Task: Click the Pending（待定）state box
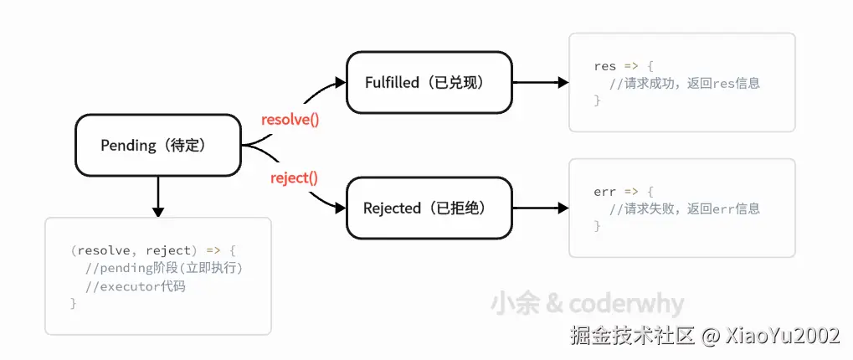(x=157, y=146)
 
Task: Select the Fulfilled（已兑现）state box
(x=429, y=83)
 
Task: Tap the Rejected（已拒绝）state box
(x=429, y=208)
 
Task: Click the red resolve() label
(x=290, y=119)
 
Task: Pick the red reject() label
(x=294, y=177)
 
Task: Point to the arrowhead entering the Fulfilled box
(x=339, y=82)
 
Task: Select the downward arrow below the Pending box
(x=157, y=198)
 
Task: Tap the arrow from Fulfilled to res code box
(x=540, y=83)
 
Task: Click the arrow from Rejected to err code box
(x=540, y=208)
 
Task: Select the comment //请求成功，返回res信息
(x=684, y=83)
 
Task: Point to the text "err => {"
(x=622, y=192)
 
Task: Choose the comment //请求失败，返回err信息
(x=684, y=208)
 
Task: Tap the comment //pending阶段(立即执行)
(x=168, y=268)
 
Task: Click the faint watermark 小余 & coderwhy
(x=587, y=304)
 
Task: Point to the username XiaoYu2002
(x=782, y=336)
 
